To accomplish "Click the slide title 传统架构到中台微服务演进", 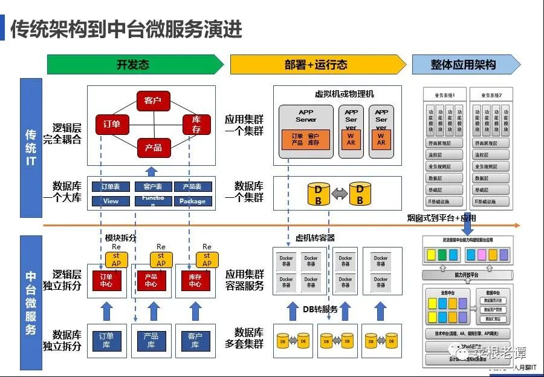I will pos(126,28).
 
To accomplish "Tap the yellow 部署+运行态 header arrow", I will pos(317,64).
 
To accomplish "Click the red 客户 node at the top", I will pos(153,100).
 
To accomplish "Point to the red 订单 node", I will pos(111,124).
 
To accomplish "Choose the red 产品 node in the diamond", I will pos(153,148).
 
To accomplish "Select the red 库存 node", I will pos(196,125).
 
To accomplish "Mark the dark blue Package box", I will pos(192,201).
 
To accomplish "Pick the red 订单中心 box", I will pos(106,280).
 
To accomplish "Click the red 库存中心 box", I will pos(195,280).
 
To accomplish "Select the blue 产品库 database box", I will pos(151,340).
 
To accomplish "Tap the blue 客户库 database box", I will pos(195,340).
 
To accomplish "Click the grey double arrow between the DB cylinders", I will pos(339,194).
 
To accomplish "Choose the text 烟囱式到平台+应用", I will pos(441,218).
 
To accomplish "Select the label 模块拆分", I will pos(120,238).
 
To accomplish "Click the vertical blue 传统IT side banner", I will pos(31,148).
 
